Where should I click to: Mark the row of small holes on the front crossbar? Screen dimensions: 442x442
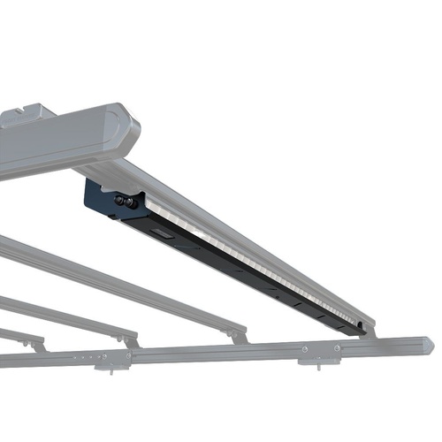pyautogui.click(x=84, y=357)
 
